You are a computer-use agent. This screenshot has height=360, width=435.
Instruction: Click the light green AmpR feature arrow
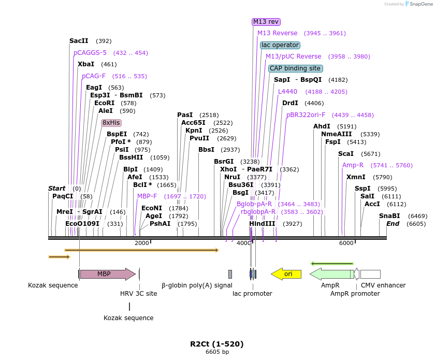pyautogui.click(x=331, y=274)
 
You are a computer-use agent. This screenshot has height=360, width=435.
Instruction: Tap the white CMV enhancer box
pyautogui.click(x=370, y=274)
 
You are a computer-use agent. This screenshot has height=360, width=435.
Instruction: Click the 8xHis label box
pyautogui.click(x=111, y=123)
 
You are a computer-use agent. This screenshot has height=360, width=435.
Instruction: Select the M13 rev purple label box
pyautogui.click(x=266, y=22)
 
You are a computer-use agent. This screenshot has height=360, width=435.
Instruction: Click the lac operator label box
pyautogui.click(x=280, y=45)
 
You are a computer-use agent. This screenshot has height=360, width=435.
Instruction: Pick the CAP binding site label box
pyautogui.click(x=295, y=68)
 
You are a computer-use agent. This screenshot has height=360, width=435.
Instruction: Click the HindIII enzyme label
pyautogui.click(x=262, y=224)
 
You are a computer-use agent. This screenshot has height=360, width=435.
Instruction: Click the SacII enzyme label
pyautogui.click(x=79, y=41)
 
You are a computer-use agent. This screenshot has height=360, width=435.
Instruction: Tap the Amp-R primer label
pyautogui.click(x=353, y=165)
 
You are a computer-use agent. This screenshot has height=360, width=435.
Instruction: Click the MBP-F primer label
pyautogui.click(x=147, y=196)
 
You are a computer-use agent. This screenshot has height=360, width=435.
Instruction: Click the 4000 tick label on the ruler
pyautogui.click(x=243, y=243)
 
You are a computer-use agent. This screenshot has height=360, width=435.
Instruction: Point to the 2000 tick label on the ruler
pyautogui.click(x=141, y=243)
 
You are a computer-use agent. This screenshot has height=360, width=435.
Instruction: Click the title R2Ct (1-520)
pyautogui.click(x=216, y=344)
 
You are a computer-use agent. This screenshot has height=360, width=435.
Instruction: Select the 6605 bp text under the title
pyautogui.click(x=217, y=352)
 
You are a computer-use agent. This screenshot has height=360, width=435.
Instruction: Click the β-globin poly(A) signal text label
pyautogui.click(x=197, y=285)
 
